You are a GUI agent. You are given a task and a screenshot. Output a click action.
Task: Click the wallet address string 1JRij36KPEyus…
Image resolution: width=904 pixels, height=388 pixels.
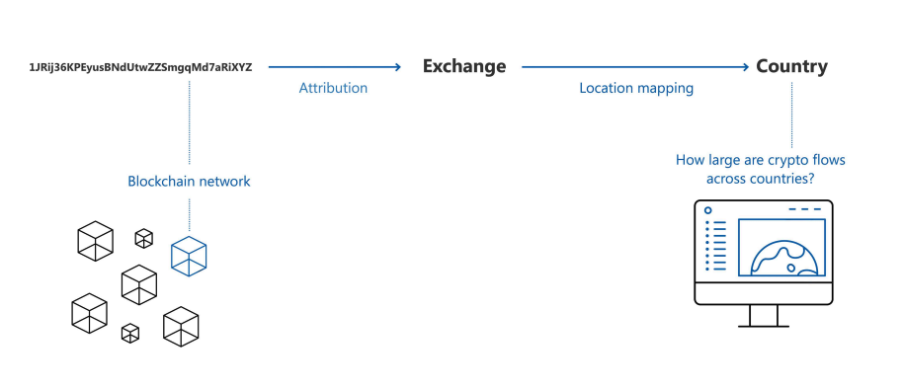click(x=140, y=67)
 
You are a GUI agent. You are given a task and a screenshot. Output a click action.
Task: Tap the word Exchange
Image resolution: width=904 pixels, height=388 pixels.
click(x=464, y=67)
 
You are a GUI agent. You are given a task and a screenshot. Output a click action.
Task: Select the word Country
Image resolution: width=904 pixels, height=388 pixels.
click(x=791, y=67)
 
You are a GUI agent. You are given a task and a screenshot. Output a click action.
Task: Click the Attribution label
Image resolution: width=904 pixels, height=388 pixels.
click(x=333, y=88)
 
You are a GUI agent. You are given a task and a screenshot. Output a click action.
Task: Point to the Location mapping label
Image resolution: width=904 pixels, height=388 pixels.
click(x=636, y=88)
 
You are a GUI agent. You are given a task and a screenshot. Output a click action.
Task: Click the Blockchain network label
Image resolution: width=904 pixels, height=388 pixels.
click(x=189, y=182)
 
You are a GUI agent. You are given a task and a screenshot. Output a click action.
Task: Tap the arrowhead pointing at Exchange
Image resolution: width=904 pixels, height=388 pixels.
click(x=396, y=67)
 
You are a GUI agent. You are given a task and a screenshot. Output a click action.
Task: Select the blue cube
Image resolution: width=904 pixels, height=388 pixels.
click(x=189, y=256)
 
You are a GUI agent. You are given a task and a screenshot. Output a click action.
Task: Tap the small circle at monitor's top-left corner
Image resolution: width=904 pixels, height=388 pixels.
click(x=708, y=210)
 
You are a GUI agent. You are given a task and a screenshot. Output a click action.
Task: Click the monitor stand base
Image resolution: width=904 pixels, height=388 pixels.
click(x=764, y=327)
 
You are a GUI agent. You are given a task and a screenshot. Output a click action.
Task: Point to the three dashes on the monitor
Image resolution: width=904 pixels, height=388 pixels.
click(x=804, y=209)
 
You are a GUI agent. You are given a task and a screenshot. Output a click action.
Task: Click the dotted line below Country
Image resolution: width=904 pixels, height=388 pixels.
click(x=791, y=115)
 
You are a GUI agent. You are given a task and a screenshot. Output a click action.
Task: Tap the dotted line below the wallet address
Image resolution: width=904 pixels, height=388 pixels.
click(x=189, y=122)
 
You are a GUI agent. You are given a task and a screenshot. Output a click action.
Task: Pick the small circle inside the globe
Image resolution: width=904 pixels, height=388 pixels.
click(x=791, y=268)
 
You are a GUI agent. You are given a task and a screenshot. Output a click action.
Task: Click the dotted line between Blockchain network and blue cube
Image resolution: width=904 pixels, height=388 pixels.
click(x=189, y=215)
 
